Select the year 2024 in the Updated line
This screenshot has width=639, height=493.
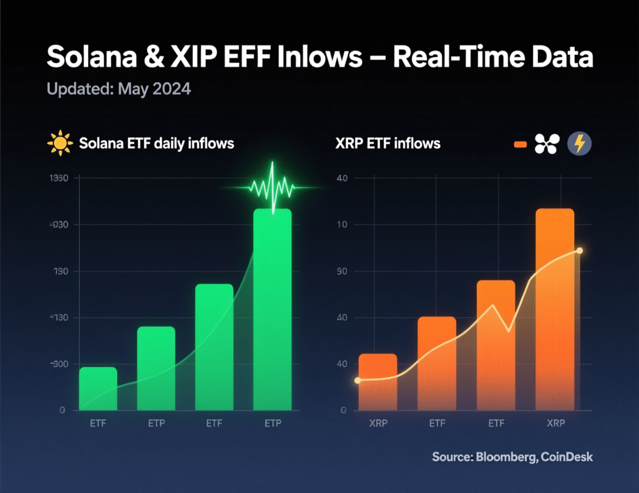[170, 89]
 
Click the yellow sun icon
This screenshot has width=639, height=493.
[60, 144]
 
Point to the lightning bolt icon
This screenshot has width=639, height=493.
[579, 144]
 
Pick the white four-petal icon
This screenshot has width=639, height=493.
[548, 144]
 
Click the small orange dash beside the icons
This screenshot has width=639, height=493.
[520, 145]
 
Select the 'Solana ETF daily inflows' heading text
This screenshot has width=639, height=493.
[157, 144]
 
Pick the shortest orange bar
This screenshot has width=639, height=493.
[377, 381]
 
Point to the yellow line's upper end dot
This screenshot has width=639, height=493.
[580, 250]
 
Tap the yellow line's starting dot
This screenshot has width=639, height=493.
[358, 380]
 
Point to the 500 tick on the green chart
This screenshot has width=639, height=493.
[60, 364]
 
